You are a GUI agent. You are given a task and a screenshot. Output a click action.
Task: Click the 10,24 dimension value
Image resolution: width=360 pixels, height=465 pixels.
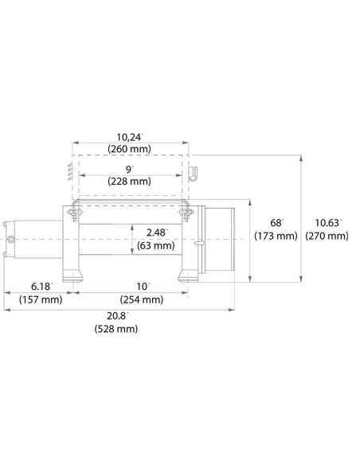(x=127, y=136)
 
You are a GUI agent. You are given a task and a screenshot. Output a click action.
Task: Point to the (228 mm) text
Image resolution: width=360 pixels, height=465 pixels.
(x=128, y=182)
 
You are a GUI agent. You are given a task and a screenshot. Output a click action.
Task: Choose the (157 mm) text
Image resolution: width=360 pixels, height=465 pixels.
(x=41, y=299)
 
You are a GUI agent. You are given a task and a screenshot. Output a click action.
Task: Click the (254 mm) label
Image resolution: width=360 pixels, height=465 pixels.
(x=142, y=299)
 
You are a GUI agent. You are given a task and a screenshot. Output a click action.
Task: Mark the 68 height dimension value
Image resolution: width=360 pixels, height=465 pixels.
(x=276, y=223)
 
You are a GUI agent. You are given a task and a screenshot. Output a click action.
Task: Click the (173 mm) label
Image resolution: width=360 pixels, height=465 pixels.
(x=276, y=236)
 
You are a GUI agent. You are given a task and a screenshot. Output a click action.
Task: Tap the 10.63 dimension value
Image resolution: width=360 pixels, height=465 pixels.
(x=329, y=223)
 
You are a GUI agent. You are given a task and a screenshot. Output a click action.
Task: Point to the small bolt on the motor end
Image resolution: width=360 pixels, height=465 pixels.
(x=10, y=238)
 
